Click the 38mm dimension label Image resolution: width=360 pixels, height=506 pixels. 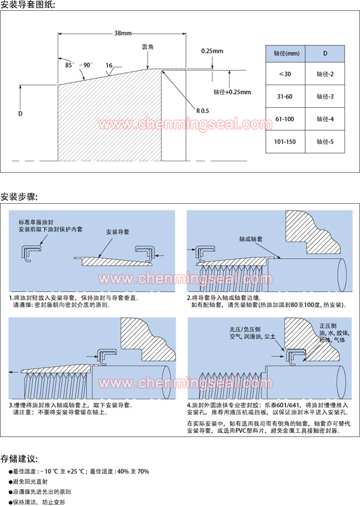click(x=123, y=34)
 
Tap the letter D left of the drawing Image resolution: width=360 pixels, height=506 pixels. click(x=20, y=113)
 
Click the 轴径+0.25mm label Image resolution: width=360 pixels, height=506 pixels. click(x=231, y=92)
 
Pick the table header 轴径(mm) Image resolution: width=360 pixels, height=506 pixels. click(x=285, y=53)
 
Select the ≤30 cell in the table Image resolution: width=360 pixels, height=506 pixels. click(x=285, y=74)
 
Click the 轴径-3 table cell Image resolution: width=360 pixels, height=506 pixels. click(x=325, y=97)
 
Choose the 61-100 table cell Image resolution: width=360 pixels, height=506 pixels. click(x=285, y=119)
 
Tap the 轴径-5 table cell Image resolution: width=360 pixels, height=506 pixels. click(x=325, y=142)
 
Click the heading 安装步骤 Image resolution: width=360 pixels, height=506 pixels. click(x=20, y=197)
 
